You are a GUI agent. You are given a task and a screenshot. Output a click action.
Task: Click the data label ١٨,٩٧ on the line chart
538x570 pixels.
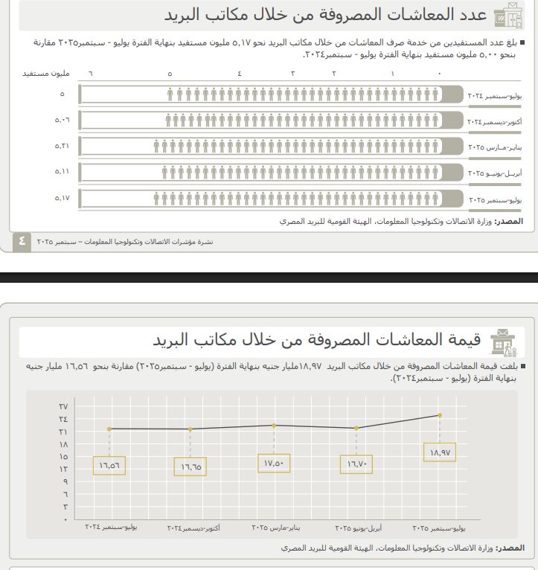coord(441,452)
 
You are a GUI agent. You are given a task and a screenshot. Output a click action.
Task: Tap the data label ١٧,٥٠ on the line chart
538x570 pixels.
coord(274,463)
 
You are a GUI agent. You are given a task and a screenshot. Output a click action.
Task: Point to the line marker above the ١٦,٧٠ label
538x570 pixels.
coord(358,428)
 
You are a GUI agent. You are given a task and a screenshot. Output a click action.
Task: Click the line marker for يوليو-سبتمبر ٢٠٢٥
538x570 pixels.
coord(441,415)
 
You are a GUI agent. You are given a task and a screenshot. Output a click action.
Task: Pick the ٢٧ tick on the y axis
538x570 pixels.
coord(63,406)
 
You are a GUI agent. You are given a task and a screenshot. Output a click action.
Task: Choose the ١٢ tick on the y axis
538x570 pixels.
coord(63,469)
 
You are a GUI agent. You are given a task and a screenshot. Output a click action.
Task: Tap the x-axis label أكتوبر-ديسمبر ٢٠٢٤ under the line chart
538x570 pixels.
coord(192,528)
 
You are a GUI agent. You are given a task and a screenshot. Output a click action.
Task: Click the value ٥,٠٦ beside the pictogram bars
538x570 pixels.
coord(62,119)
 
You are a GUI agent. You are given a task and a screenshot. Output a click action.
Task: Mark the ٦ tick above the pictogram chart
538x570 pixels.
coord(91,74)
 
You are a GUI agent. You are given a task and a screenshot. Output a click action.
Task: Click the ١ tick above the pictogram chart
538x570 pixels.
coord(392,74)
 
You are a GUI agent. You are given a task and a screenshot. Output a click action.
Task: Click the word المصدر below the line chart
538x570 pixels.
coord(510,548)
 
